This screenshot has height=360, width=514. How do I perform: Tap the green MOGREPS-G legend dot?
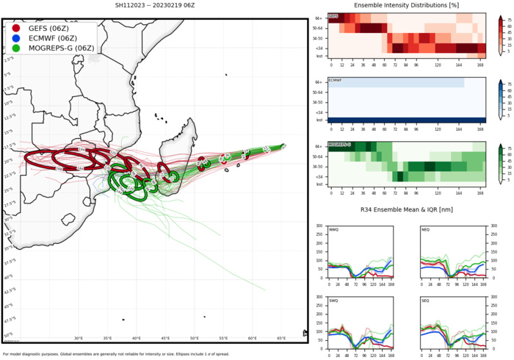(17, 48)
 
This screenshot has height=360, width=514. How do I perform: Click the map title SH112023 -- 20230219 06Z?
(154, 5)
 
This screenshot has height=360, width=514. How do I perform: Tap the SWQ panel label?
(334, 302)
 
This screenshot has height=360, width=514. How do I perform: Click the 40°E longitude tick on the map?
(137, 338)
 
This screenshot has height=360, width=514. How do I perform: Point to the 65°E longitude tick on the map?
(281, 338)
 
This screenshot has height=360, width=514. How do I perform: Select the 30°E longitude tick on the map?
(79, 338)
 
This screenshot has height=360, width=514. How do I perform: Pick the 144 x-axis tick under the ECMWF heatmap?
(460, 127)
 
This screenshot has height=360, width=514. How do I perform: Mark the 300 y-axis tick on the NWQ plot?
(322, 226)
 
